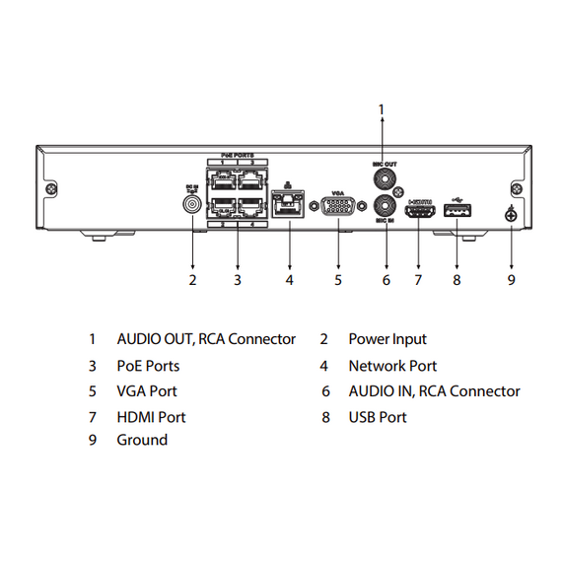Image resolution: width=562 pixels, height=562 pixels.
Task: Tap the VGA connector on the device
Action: pos(337,207)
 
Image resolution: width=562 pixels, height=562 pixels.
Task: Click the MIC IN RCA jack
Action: pos(386,208)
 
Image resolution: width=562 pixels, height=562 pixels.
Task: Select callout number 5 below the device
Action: pos(337,280)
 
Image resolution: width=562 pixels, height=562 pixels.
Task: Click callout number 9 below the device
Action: pos(511,280)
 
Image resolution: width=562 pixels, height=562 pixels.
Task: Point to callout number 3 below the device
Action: pos(238,280)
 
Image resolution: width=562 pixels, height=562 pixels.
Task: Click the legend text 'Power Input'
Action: pos(387,339)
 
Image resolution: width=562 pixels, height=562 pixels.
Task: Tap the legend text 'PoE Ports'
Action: pos(148,365)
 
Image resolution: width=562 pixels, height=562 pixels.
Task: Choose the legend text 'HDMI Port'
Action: pos(151,417)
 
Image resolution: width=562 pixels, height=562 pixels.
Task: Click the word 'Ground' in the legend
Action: pos(142,440)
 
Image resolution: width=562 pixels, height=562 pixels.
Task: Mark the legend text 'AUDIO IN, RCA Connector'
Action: pos(434,391)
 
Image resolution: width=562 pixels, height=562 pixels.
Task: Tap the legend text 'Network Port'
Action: pos(392,365)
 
